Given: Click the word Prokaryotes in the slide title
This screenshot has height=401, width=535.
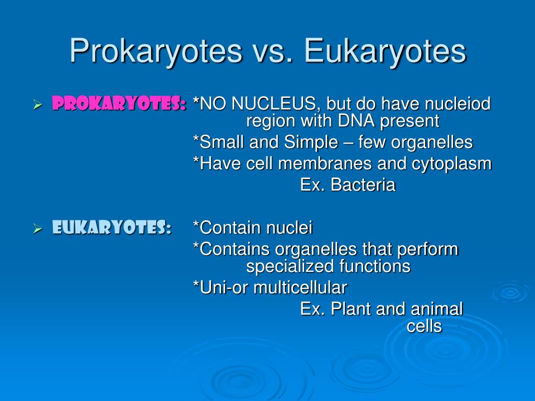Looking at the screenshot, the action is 156,52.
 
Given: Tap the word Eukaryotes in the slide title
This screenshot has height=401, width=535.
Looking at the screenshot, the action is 385,52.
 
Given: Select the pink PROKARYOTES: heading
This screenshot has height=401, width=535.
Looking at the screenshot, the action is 119,103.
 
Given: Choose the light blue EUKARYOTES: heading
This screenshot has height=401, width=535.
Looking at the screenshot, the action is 112,227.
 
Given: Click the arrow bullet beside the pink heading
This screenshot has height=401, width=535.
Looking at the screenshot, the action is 38,104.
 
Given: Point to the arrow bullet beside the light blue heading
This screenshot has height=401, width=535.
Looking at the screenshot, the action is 38,228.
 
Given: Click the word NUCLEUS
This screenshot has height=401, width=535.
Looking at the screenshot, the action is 276,104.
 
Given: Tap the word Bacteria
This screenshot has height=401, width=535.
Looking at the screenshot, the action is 363,185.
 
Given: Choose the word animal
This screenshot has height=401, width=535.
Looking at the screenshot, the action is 437,309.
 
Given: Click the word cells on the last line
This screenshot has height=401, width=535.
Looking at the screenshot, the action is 424,326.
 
